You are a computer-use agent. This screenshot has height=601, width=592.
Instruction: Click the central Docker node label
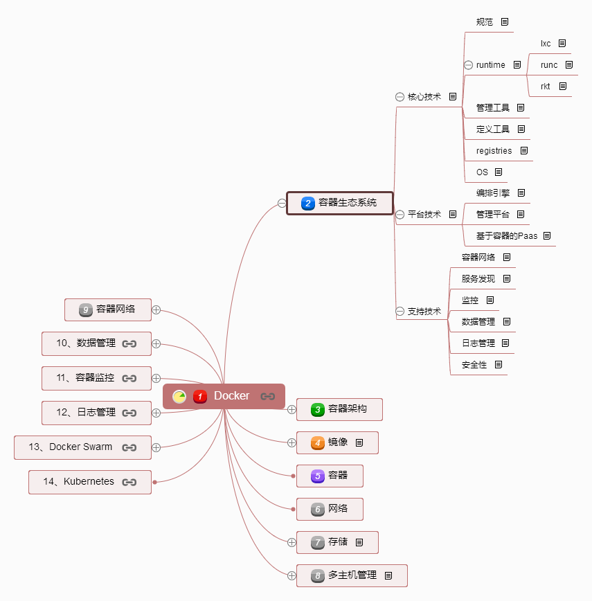point(231,395)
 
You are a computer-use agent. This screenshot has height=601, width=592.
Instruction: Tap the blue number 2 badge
point(308,203)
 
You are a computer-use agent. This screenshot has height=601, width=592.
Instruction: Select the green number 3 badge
point(318,409)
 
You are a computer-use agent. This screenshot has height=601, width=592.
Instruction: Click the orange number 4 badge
point(318,442)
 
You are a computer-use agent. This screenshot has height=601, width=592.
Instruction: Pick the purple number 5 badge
point(318,476)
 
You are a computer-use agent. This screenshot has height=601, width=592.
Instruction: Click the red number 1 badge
point(200,396)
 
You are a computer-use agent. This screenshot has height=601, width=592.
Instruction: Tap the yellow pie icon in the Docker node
point(179,396)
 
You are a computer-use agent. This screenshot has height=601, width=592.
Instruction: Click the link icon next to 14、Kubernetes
point(129,482)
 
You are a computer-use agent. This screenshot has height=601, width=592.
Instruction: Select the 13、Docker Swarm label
point(71,447)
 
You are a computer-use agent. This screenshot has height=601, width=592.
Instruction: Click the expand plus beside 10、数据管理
point(156,344)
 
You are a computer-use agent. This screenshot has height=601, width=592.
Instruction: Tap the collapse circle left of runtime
point(468,65)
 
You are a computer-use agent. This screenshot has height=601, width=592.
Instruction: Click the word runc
point(549,65)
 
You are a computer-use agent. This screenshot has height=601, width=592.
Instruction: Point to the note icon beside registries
point(524,151)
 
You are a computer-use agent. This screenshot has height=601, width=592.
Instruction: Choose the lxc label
point(546,44)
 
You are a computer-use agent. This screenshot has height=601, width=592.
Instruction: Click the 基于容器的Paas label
point(507,235)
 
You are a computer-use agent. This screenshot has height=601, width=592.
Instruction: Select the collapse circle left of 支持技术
point(400,312)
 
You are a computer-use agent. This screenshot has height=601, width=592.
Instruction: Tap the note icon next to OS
point(499,172)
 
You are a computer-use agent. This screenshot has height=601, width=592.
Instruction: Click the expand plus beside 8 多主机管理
point(291,575)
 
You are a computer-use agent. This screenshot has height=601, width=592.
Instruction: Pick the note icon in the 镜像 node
point(359,442)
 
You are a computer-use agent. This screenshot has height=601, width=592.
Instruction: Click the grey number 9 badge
point(86,310)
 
